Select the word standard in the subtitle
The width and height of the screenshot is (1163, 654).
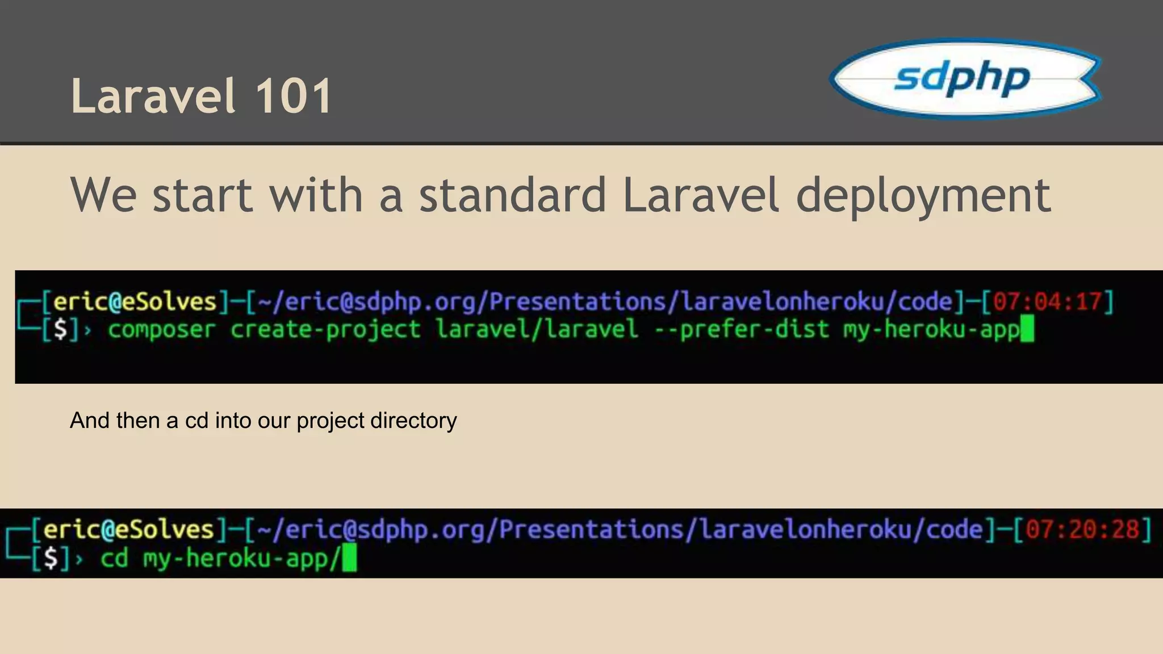tap(513, 195)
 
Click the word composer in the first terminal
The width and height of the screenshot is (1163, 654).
tap(162, 329)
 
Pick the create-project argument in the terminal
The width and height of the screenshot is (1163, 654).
tap(325, 329)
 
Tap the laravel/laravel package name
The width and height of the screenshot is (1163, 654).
tap(537, 329)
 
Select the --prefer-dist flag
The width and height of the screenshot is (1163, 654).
tap(742, 329)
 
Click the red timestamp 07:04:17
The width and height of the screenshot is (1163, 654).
tap(1048, 301)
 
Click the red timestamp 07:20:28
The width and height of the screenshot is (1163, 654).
tap(1082, 529)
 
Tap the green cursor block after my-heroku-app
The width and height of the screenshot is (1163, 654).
tap(1027, 330)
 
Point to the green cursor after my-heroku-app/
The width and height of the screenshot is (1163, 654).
tap(350, 558)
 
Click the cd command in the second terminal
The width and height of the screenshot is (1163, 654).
tap(114, 558)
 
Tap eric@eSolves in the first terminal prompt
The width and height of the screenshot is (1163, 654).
tap(135, 301)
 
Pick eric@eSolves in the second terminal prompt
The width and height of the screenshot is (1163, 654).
tap(128, 529)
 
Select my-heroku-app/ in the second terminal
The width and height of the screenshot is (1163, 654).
tap(242, 558)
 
